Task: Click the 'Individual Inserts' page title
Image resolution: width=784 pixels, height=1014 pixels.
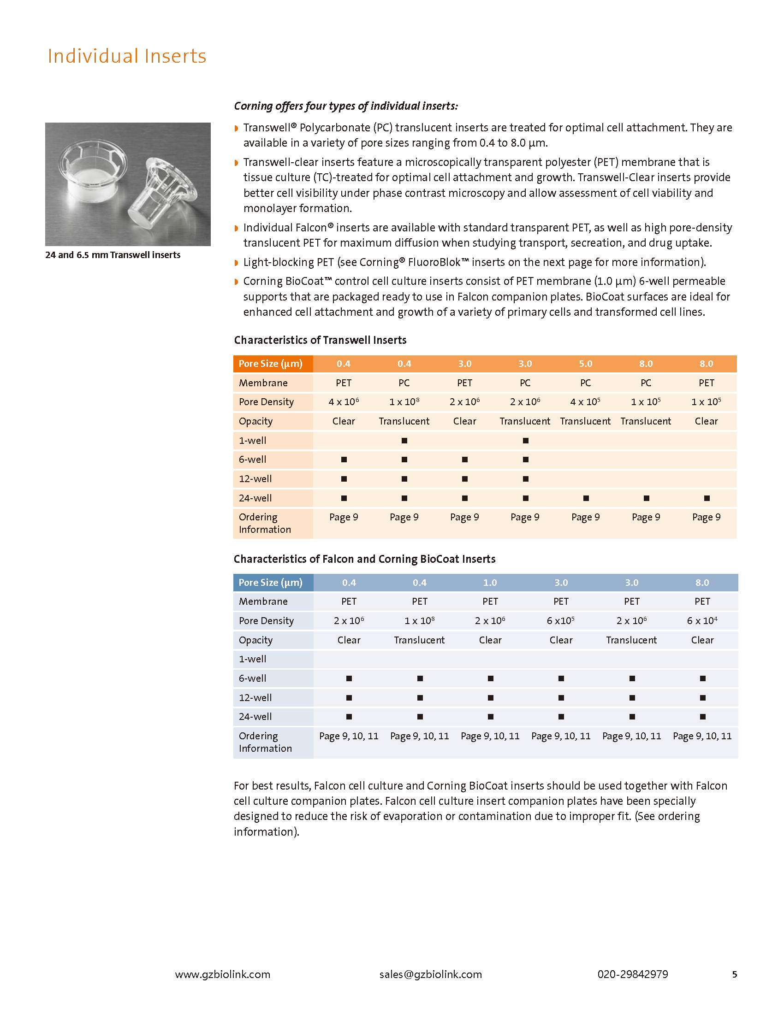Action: click(x=127, y=56)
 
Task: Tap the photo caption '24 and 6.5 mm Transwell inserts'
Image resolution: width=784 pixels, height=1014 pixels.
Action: click(x=113, y=255)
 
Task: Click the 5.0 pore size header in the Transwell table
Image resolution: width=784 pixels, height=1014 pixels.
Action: click(x=585, y=364)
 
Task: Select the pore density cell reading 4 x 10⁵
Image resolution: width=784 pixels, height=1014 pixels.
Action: click(x=585, y=401)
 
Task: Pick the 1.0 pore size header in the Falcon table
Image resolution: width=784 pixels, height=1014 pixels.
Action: click(x=490, y=582)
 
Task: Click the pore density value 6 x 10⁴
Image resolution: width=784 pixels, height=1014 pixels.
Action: click(x=702, y=621)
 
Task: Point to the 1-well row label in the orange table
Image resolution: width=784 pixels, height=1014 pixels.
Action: click(x=253, y=440)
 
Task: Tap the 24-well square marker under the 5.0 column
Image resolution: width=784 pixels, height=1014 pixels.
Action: click(x=586, y=498)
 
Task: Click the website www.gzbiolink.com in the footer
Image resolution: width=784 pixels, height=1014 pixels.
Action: click(x=222, y=974)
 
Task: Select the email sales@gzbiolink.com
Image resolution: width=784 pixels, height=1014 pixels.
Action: click(x=431, y=974)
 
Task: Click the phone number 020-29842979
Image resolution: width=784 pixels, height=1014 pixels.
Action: click(x=633, y=974)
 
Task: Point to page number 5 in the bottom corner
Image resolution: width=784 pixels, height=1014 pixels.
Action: click(x=734, y=974)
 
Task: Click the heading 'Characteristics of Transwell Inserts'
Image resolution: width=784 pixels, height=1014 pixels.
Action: click(x=320, y=340)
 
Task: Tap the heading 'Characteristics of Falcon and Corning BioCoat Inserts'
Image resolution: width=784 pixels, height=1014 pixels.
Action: click(x=365, y=559)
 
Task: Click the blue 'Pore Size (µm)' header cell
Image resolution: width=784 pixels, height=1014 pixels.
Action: click(x=271, y=582)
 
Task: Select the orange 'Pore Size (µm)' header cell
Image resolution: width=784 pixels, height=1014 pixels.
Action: click(x=271, y=364)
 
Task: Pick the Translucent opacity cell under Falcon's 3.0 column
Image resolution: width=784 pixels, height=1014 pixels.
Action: click(x=631, y=640)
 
